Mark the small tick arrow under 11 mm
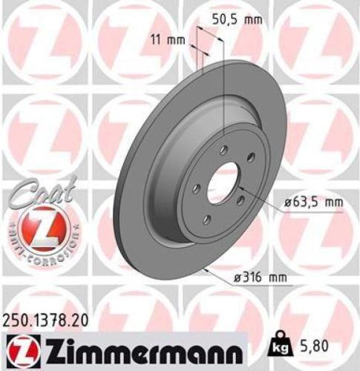pyautogui.click(x=197, y=50)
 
